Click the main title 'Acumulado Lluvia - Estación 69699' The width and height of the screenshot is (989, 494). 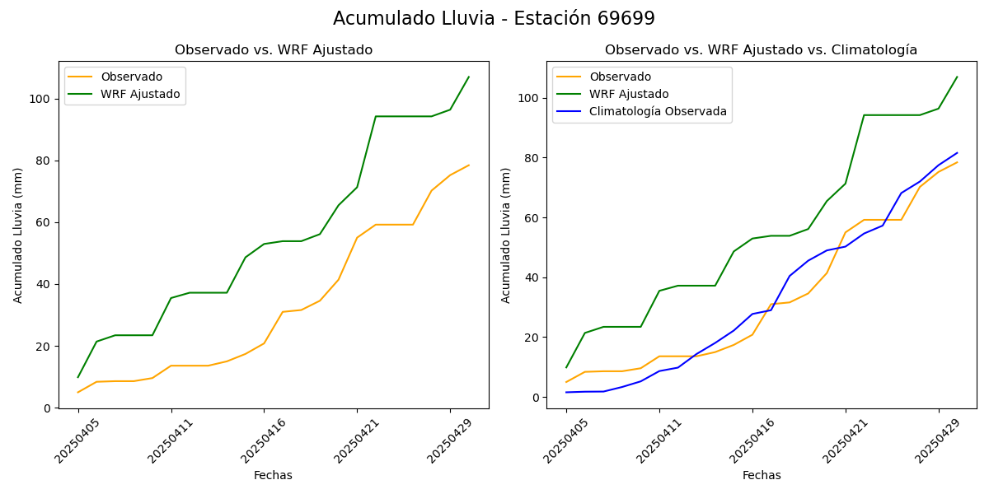click(x=494, y=19)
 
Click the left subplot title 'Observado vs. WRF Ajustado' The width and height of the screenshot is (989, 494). click(x=274, y=50)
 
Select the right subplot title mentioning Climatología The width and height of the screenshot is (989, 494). click(x=761, y=50)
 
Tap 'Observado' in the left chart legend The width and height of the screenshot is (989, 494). click(x=131, y=77)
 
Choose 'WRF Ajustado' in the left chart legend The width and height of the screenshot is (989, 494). click(x=140, y=94)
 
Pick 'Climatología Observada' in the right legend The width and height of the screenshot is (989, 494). click(x=658, y=112)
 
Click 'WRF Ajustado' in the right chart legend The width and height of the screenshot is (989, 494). click(x=629, y=94)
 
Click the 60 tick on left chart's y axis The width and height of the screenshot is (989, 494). click(x=45, y=222)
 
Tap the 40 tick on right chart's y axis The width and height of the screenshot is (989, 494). click(x=533, y=277)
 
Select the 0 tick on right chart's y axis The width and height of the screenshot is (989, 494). click(x=537, y=398)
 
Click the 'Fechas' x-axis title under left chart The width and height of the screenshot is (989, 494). click(x=273, y=475)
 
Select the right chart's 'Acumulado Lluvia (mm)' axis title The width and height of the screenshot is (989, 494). click(x=506, y=235)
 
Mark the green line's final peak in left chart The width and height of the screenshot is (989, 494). click(x=469, y=77)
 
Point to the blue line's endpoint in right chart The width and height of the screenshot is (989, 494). click(x=957, y=152)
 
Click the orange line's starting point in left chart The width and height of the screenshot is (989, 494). click(x=78, y=392)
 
